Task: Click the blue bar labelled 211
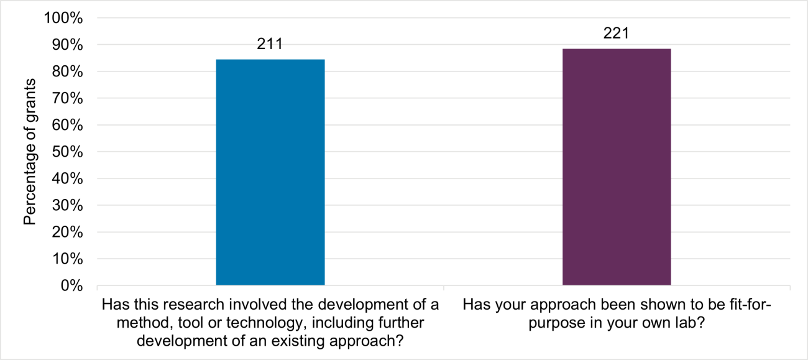[270, 172]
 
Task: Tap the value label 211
[270, 44]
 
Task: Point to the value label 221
[616, 34]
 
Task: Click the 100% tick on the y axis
[63, 18]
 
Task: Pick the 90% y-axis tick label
[67, 45]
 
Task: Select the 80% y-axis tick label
[67, 72]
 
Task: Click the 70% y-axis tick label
[67, 98]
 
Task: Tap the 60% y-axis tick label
[67, 125]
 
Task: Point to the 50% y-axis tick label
[67, 152]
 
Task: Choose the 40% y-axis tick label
[67, 178]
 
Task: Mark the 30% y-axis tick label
[67, 205]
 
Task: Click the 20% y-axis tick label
[67, 232]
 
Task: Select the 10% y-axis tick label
[67, 259]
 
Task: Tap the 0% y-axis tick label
[70, 285]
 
